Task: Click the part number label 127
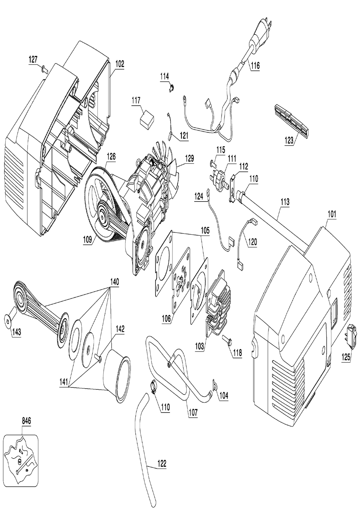(33, 60)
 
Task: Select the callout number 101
(332, 214)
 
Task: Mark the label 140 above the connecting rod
(114, 282)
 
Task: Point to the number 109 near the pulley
(88, 240)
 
